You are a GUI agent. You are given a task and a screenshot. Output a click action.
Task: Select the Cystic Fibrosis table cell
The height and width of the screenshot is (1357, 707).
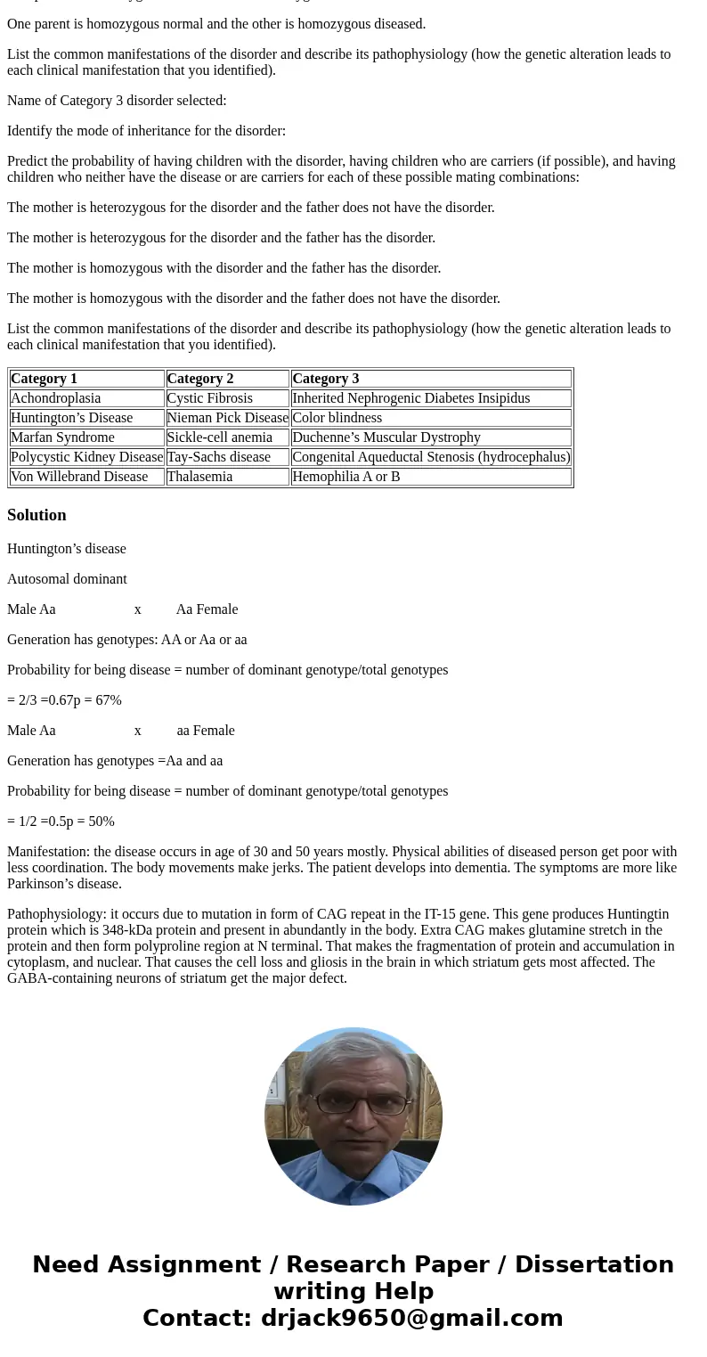click(x=210, y=398)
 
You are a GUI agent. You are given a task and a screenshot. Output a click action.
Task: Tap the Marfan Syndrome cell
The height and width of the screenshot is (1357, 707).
click(x=62, y=437)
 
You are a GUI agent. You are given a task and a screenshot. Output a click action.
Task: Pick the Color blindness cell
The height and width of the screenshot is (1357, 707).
click(x=337, y=418)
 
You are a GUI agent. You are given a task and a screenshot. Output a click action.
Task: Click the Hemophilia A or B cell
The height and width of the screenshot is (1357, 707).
click(x=346, y=477)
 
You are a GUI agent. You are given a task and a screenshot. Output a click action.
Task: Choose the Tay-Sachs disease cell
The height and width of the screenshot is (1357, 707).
click(x=219, y=457)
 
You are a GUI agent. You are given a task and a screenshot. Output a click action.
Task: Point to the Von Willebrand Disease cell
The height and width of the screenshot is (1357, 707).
click(x=79, y=477)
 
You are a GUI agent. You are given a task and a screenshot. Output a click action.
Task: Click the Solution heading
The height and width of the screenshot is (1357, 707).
click(x=37, y=515)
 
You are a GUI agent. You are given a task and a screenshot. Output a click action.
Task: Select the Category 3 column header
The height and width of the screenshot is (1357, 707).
click(x=326, y=379)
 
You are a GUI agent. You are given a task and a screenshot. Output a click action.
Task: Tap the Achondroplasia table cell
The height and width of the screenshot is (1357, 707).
click(x=55, y=398)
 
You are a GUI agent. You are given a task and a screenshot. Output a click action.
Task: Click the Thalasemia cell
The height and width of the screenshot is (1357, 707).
click(x=199, y=477)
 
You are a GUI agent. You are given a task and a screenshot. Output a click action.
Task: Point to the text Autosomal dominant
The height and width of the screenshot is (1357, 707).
click(x=67, y=579)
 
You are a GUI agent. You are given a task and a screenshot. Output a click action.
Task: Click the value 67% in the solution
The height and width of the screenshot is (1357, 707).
click(x=108, y=700)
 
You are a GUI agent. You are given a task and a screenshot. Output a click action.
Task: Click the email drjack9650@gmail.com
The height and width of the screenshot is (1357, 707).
click(x=411, y=1318)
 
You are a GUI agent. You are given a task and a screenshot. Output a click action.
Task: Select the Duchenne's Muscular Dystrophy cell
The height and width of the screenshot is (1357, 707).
click(x=386, y=437)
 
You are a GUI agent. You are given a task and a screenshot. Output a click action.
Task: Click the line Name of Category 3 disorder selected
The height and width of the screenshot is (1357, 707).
click(x=117, y=101)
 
